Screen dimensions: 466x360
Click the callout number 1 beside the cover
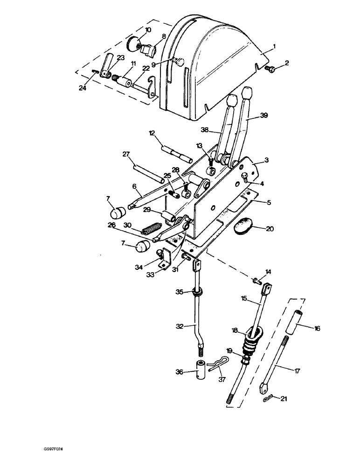click(x=275, y=46)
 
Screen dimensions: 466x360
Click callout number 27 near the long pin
click(x=125, y=155)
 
